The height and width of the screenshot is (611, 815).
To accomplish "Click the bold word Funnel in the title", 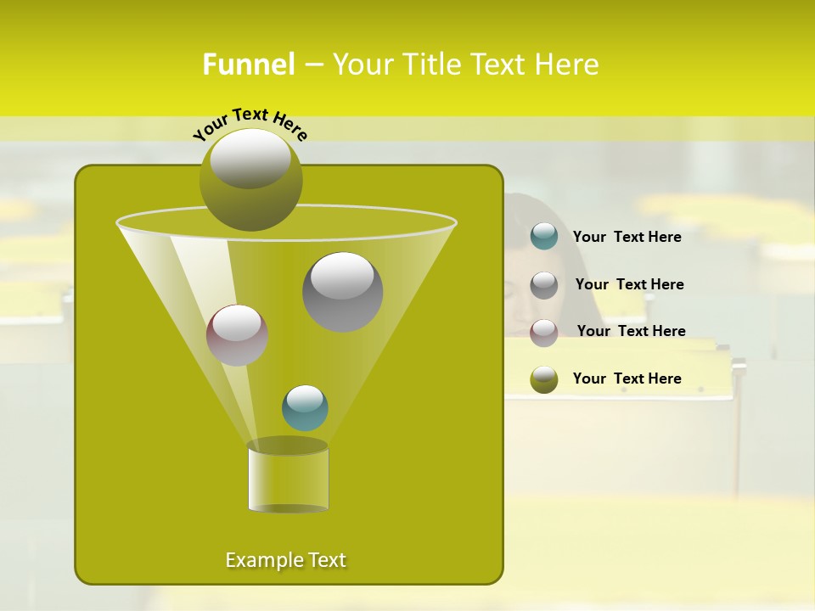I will click(249, 64).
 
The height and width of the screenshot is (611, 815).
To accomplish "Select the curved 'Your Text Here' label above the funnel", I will click(250, 122).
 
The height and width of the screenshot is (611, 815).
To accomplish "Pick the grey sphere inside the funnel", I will click(343, 292).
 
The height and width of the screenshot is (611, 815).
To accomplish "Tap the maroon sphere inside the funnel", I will click(237, 336).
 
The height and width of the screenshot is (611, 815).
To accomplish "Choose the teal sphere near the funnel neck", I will click(305, 408).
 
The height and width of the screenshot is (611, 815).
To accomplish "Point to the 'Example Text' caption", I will click(286, 560).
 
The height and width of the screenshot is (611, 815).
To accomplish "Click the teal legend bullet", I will click(544, 236).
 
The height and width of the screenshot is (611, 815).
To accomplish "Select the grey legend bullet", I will click(544, 285).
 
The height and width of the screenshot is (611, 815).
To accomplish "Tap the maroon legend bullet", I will click(544, 333).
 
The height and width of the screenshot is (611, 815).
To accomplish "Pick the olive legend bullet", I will click(544, 380).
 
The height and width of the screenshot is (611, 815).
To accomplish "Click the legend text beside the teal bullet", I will click(627, 237).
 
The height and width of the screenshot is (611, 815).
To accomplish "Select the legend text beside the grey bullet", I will click(630, 284).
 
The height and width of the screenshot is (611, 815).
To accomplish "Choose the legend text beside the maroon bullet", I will click(632, 331).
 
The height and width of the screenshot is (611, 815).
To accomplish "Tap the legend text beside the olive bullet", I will click(627, 378).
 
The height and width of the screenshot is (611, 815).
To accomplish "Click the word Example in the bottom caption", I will click(259, 560).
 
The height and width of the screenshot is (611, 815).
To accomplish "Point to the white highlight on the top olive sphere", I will click(250, 158).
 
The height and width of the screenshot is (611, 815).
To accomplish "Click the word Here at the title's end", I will click(567, 64).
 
